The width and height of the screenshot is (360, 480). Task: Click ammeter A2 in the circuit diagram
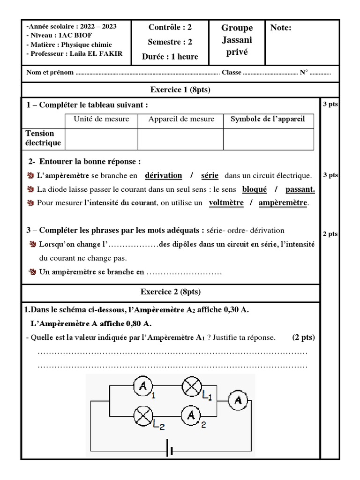191,415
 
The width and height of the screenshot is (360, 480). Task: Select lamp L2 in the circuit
143,415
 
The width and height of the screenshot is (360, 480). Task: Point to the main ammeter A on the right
238,400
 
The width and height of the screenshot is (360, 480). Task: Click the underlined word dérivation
163,175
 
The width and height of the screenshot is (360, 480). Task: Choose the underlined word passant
300,189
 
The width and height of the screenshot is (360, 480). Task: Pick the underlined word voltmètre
226,203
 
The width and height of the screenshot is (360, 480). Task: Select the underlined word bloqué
255,189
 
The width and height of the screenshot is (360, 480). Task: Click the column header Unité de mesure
101,119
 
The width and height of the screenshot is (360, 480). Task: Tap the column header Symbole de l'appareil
268,119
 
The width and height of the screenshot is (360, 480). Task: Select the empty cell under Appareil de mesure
180,139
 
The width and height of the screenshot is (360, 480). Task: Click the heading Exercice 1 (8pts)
180,90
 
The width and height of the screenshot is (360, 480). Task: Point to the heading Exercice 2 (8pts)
171,292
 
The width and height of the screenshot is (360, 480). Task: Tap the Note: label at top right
281,28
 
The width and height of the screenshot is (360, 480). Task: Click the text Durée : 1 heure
170,57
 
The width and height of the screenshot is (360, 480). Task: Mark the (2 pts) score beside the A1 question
303,337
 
